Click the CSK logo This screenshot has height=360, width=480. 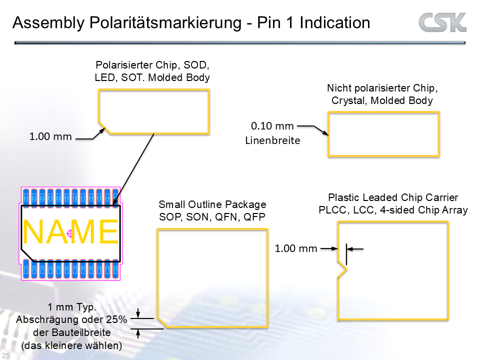tap(442, 22)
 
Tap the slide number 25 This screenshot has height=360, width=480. tap(6, 354)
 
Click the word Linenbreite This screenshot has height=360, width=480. tap(272, 140)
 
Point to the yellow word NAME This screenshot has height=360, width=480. tap(70, 232)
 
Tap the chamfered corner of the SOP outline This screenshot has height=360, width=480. tap(161, 323)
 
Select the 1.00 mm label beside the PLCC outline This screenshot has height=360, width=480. tap(296, 248)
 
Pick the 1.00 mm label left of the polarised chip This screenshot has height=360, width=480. tap(50, 136)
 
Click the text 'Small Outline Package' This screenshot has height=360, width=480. tap(212, 204)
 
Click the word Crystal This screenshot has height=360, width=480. tap(348, 100)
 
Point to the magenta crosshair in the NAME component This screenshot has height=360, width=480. tap(70, 233)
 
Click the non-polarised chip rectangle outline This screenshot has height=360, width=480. tap(383, 113)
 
